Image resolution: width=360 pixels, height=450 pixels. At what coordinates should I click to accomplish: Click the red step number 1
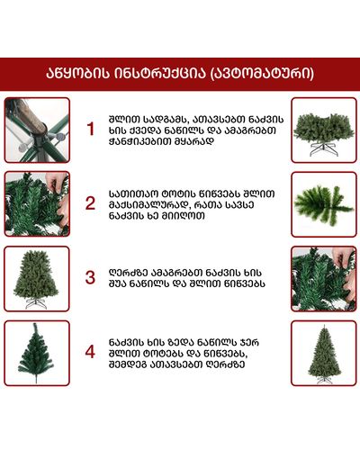point(90,130)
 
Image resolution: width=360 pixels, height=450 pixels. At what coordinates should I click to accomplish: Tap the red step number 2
point(90,203)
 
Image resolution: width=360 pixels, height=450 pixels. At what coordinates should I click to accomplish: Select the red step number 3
point(90,277)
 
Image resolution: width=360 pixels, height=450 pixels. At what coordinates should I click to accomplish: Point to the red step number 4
point(90,352)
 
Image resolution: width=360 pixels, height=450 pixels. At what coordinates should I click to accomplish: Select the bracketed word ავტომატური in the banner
point(260,74)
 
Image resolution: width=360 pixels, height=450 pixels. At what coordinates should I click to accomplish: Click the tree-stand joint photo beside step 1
point(37,130)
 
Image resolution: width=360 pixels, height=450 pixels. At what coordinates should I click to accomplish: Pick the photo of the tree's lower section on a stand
point(324,130)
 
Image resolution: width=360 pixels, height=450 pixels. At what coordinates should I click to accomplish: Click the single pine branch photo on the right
point(324,204)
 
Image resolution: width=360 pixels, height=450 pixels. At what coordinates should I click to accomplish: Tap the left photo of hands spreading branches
point(37,204)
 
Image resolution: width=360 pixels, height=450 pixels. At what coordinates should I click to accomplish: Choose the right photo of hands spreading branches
point(324,279)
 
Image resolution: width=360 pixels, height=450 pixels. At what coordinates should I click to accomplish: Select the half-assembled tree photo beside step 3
point(37,279)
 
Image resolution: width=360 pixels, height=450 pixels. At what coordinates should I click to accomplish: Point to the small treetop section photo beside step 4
point(37,353)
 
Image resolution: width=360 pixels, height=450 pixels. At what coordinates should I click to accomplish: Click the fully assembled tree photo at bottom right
point(324,353)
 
